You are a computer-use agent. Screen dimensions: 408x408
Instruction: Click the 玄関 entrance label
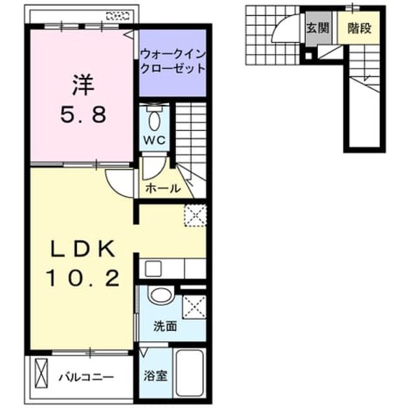pyautogui.click(x=318, y=28)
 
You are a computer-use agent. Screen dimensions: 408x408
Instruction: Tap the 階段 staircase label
pyautogui.click(x=359, y=28)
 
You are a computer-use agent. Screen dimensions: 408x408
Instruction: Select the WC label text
pyautogui.click(x=155, y=141)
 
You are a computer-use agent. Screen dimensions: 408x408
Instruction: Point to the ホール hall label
pyautogui.click(x=163, y=188)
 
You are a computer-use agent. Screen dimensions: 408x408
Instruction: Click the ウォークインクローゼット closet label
pyautogui.click(x=173, y=62)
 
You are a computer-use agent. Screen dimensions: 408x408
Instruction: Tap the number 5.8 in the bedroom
pyautogui.click(x=84, y=115)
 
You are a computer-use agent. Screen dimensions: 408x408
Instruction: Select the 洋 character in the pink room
pyautogui.click(x=83, y=84)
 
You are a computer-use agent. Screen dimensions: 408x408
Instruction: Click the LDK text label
pyautogui.click(x=83, y=249)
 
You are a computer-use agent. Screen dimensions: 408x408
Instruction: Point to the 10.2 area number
pyautogui.click(x=83, y=278)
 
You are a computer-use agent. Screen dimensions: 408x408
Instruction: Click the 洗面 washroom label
pyautogui.click(x=165, y=326)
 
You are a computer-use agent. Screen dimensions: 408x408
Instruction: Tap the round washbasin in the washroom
pyautogui.click(x=161, y=296)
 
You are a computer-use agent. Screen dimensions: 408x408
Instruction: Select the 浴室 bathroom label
pyautogui.click(x=155, y=376)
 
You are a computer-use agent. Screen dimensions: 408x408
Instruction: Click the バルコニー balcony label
pyautogui.click(x=86, y=377)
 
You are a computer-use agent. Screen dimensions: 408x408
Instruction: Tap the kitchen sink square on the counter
pyautogui.click(x=153, y=269)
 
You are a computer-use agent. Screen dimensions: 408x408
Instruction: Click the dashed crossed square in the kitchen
pyautogui.click(x=195, y=216)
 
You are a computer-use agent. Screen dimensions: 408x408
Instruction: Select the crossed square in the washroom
pyautogui.click(x=194, y=307)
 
